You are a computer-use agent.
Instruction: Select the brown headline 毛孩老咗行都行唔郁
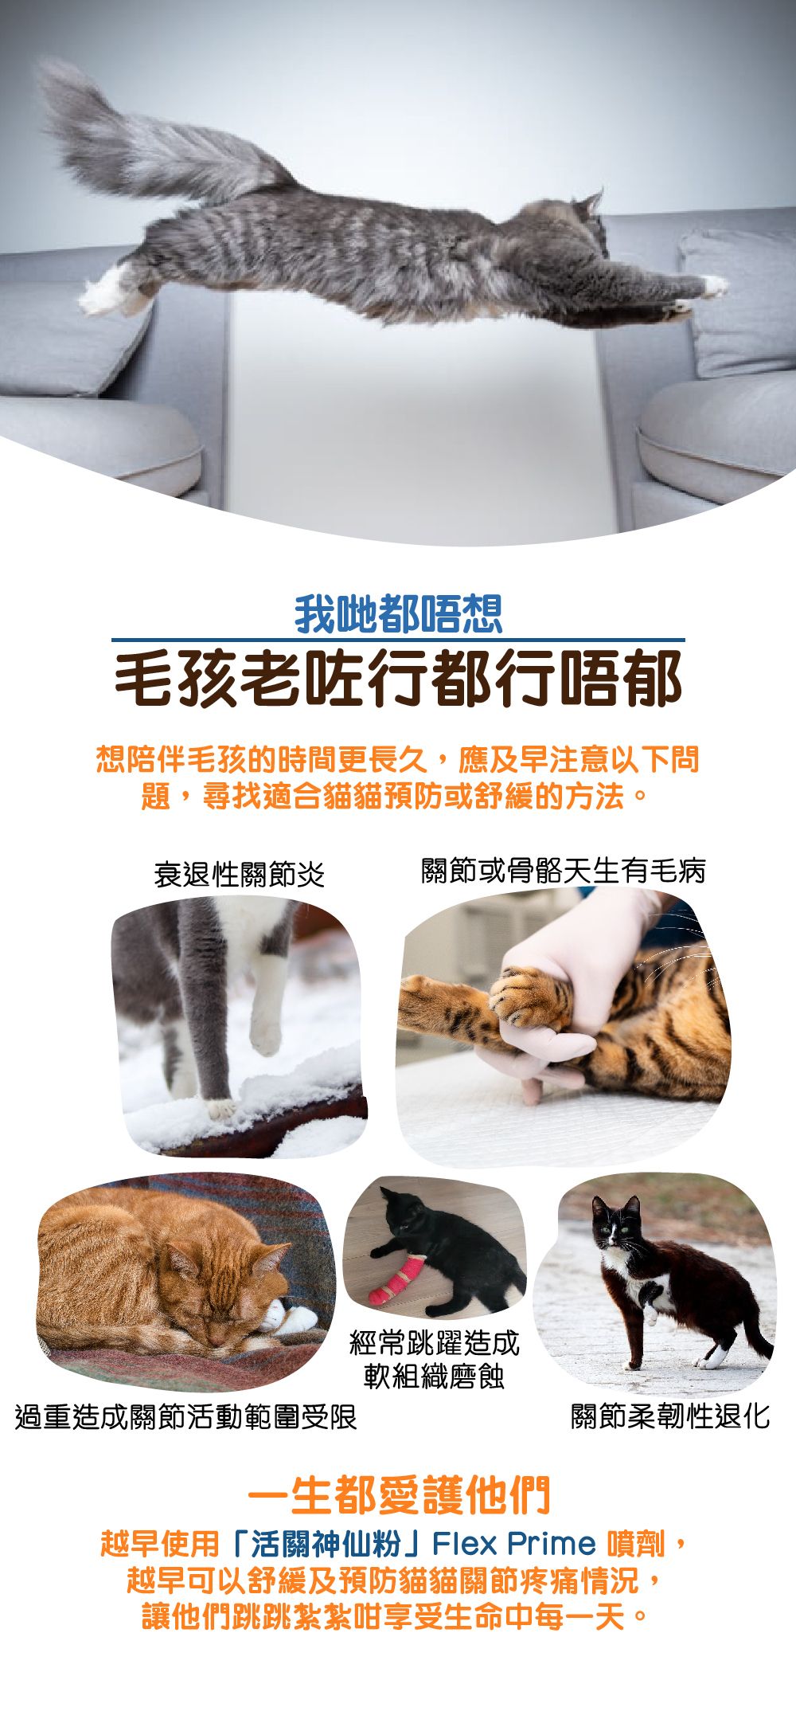click(398, 679)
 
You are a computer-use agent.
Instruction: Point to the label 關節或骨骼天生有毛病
click(563, 871)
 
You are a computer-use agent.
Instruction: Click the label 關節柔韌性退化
click(670, 1416)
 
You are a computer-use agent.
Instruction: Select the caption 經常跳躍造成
click(435, 1343)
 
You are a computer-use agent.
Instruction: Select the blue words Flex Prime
click(514, 1544)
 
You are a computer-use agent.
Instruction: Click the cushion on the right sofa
click(736, 303)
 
